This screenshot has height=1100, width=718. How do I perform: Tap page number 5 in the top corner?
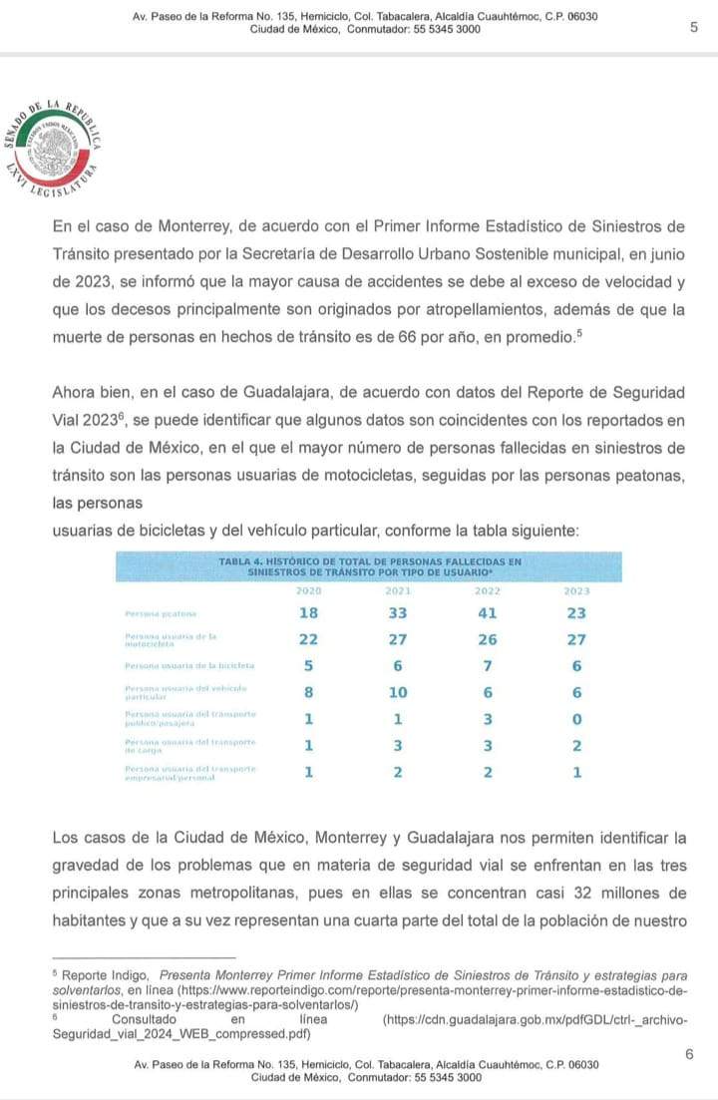click(x=693, y=28)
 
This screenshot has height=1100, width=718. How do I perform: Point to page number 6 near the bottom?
click(x=689, y=1054)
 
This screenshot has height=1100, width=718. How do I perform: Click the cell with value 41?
click(x=489, y=613)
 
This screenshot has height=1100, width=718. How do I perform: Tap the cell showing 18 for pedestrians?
click(x=309, y=613)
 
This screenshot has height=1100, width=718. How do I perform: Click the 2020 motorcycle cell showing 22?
click(x=309, y=639)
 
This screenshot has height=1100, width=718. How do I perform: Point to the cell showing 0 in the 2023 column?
click(x=576, y=719)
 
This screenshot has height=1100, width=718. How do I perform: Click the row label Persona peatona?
click(x=161, y=613)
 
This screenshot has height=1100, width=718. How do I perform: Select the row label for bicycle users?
click(x=189, y=665)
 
